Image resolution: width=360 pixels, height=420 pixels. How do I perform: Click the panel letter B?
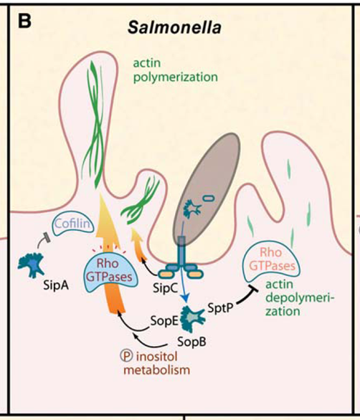pos(24,21)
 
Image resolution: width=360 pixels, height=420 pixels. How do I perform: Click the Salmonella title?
pos(174,27)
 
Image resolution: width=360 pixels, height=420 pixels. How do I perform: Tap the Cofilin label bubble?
pos(72,224)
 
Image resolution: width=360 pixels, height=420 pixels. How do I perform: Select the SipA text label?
pos(56,285)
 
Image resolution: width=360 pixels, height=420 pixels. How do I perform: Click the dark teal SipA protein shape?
pos(32,264)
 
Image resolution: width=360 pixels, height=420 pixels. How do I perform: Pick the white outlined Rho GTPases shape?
pos(271,259)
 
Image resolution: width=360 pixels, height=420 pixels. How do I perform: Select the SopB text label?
pos(192,342)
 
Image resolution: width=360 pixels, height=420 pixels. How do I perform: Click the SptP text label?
pos(220,308)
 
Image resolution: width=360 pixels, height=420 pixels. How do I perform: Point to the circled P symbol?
pos(126,356)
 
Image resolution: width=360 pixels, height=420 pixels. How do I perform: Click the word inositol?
pos(157,356)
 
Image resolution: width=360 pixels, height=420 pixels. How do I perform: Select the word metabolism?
pos(156,370)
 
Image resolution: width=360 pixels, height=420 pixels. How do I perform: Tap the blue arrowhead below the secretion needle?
pos(185,298)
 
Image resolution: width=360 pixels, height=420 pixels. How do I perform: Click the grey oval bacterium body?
pos(206,189)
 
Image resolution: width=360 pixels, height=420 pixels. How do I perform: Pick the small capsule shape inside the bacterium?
pos(209,198)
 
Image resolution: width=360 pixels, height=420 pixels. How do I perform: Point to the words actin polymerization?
pos(175,70)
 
